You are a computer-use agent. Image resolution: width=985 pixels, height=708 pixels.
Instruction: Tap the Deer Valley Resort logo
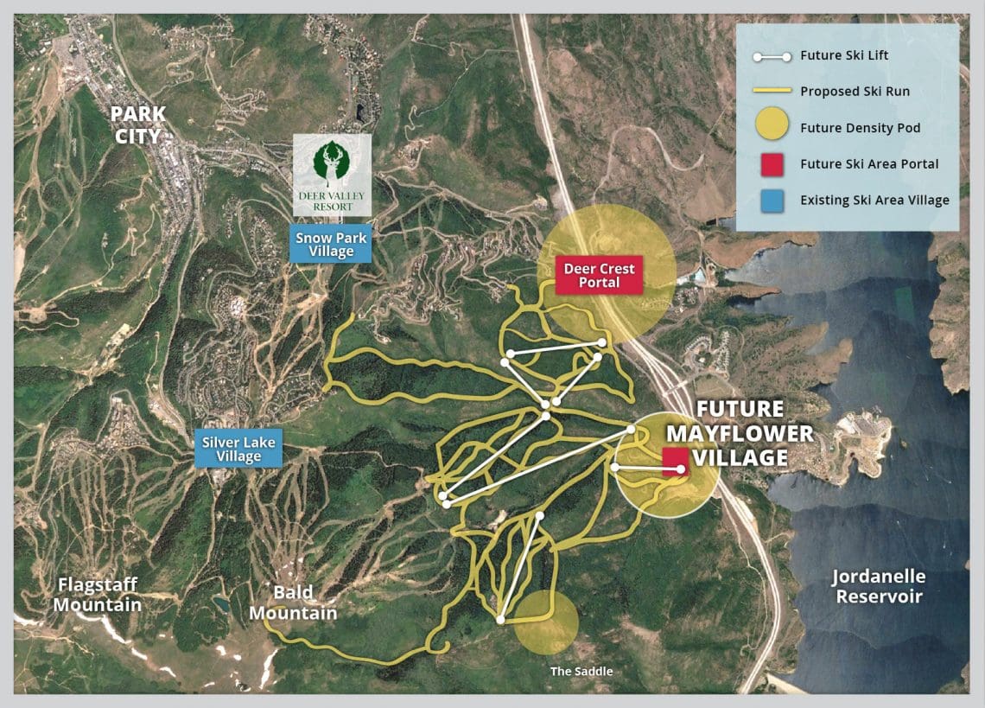(x=333, y=173)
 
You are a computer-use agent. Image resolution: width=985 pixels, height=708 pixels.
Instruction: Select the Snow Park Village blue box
(x=332, y=245)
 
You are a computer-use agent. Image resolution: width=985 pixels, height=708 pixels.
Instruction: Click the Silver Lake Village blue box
(x=238, y=449)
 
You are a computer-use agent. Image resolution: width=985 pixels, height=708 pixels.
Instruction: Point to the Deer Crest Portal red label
(x=599, y=276)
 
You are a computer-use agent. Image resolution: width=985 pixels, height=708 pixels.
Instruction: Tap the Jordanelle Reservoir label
(x=879, y=586)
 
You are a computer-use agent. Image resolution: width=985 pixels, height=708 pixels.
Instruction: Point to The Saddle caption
(x=574, y=670)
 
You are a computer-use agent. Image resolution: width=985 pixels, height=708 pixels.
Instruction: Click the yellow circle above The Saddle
(x=546, y=622)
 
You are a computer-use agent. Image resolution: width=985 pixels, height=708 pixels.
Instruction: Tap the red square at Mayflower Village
(x=675, y=461)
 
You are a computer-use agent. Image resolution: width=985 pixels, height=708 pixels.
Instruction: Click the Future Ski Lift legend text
(x=844, y=55)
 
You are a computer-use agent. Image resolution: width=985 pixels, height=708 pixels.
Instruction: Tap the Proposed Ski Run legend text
(x=855, y=92)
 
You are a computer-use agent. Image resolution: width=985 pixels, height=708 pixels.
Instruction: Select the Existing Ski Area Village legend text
(x=874, y=200)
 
